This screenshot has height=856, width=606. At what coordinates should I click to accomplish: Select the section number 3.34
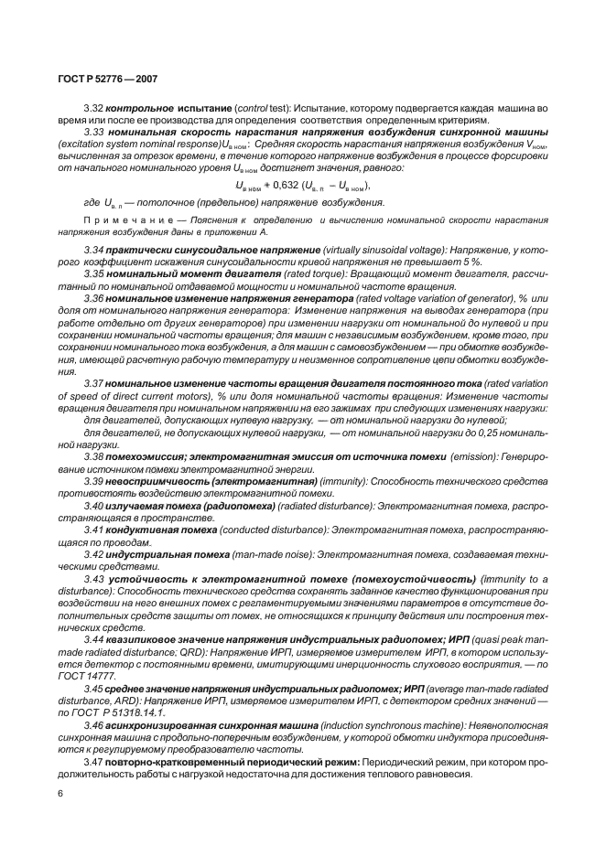(x=93, y=249)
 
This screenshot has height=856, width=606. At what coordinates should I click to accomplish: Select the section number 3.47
(x=93, y=761)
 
